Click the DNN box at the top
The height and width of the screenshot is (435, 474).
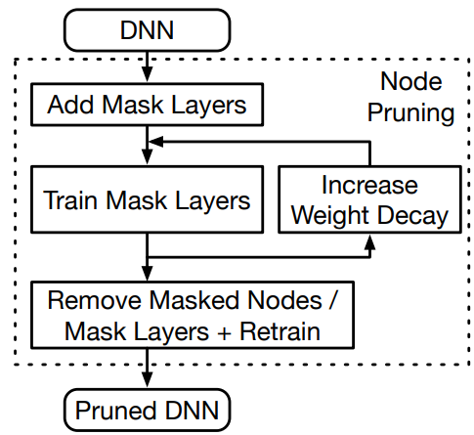coord(148,30)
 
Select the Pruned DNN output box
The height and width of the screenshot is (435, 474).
coord(148,411)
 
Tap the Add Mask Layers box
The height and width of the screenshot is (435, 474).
coord(148,105)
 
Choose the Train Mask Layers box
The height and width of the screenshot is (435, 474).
coord(148,199)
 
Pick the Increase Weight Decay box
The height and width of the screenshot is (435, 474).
coord(369,199)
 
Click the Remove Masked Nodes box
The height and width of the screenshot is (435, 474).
coord(193,315)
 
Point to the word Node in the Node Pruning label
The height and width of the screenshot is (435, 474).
coord(411,81)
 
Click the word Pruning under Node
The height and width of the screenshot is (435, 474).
coord(411,112)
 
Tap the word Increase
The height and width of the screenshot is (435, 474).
coord(369,185)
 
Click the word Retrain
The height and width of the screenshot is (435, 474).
coord(280,331)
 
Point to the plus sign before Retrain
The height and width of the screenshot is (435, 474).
coord(224,333)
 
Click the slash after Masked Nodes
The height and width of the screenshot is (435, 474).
coord(332,300)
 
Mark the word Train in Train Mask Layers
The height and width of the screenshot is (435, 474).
coord(70,200)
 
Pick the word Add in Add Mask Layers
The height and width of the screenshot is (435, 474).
coord(70,105)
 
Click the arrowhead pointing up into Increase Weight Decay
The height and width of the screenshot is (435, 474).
coord(369,242)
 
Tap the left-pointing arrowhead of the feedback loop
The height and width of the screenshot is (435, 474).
coord(155,142)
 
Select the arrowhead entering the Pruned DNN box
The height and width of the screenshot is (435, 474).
coord(148,379)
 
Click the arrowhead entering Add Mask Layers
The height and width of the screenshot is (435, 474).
coord(148,74)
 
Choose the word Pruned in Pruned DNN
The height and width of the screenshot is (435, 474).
coord(118,411)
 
